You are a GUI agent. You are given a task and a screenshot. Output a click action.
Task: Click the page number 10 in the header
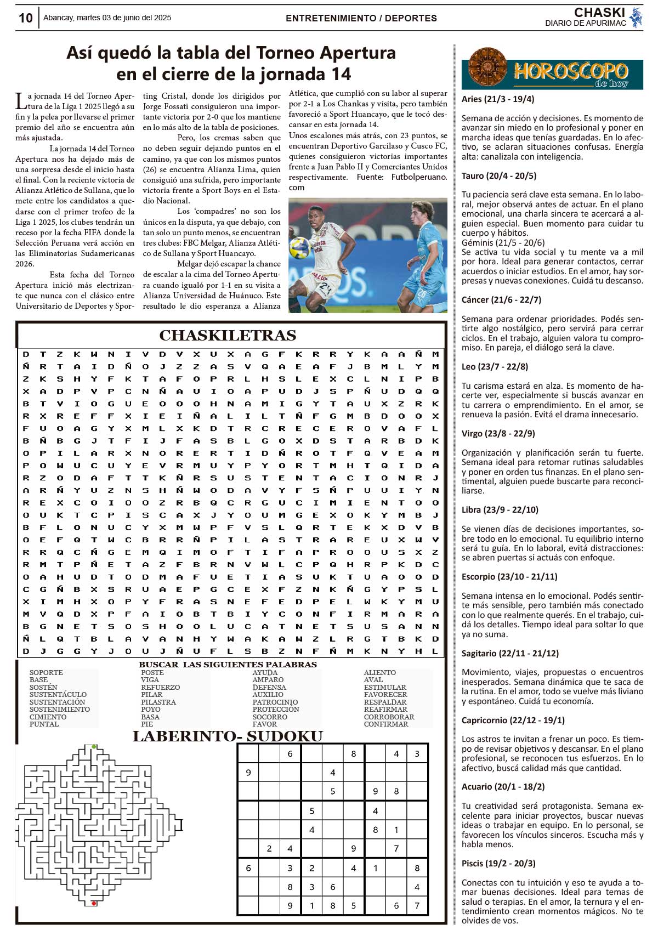pos(25,18)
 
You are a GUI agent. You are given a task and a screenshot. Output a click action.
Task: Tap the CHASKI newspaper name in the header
pos(599,13)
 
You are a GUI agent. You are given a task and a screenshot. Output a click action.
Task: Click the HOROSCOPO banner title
pos(570,71)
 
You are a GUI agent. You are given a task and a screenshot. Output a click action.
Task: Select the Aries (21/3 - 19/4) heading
pos(497,99)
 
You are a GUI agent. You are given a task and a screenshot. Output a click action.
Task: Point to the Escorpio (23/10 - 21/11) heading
pos(509,577)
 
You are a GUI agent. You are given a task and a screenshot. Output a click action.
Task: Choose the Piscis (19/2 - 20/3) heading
pos(498,863)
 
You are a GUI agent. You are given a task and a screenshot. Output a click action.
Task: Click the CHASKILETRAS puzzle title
pos(228,335)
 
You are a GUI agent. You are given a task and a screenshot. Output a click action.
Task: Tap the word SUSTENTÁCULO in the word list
pos(58,695)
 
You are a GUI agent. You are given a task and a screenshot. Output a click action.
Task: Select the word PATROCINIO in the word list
pos(275,702)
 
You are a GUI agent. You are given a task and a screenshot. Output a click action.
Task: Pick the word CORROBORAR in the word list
pos(389,717)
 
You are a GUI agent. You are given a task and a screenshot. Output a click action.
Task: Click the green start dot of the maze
pos(94,747)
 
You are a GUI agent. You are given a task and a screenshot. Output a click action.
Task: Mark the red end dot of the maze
pos(94,903)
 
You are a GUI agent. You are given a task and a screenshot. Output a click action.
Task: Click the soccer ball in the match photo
pos(299,247)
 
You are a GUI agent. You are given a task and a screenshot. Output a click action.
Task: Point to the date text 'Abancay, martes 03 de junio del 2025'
pos(107,18)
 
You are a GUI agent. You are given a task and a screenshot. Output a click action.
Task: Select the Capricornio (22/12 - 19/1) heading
pos(513,720)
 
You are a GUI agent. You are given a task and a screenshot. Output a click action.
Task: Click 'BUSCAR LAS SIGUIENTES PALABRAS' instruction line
pos(228,665)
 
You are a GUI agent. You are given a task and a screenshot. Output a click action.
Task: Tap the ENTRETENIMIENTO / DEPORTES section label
pos(361,18)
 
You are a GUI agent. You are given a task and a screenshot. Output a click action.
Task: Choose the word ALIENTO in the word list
pos(379,672)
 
